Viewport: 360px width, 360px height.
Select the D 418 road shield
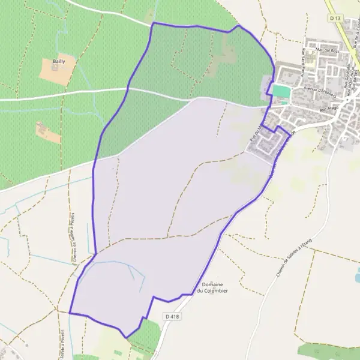click(171, 316)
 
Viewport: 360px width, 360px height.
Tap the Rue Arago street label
click(330, 109)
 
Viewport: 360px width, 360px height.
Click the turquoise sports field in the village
click(281, 91)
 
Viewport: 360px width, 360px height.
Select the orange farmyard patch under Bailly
click(58, 71)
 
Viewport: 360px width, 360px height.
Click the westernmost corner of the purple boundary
click(70, 313)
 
